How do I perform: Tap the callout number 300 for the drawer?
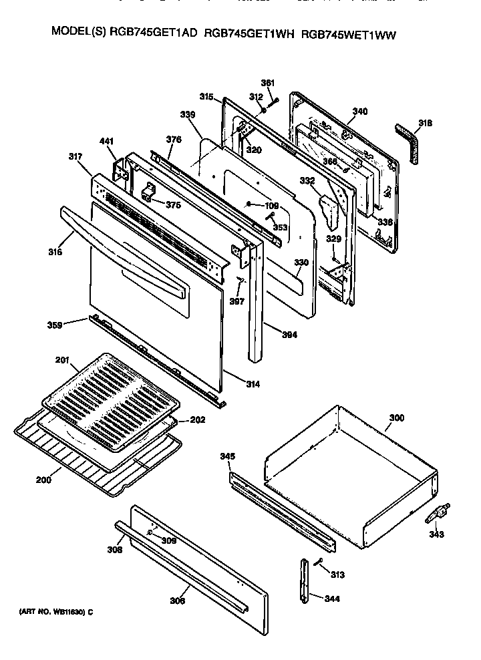pos(396,418)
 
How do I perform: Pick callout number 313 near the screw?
pos(337,574)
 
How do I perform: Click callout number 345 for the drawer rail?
pos(228,456)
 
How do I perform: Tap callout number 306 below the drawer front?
pos(177,600)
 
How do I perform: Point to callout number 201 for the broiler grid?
pos(62,361)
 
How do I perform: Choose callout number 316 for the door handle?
pos(55,252)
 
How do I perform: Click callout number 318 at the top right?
pos(425,122)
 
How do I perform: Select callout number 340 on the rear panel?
pos(360,111)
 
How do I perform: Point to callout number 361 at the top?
pos(268,83)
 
